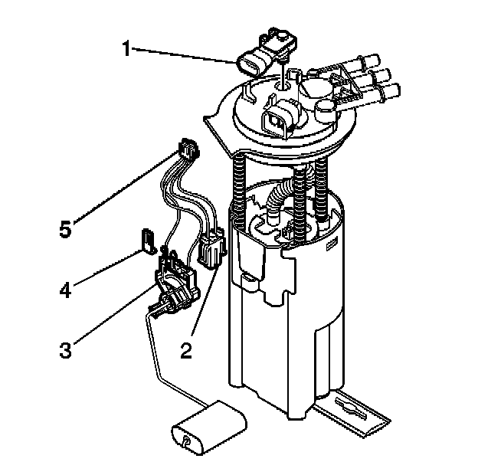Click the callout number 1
(128, 49)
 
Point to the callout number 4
(67, 290)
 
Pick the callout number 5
(67, 228)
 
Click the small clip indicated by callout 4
(148, 238)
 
